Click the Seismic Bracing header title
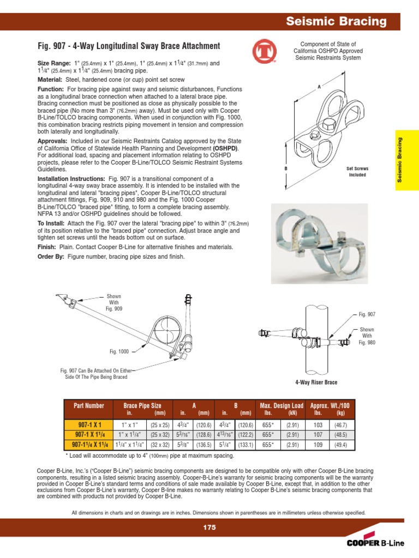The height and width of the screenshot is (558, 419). (337, 22)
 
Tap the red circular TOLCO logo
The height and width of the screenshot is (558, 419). (264, 53)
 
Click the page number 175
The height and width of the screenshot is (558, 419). (209, 527)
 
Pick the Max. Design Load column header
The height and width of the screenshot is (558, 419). (282, 406)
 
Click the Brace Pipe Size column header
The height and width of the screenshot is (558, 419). (142, 406)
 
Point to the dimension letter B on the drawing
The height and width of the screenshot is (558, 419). (285, 169)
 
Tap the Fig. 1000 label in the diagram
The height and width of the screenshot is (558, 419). (119, 351)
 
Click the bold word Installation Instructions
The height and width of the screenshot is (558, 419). (71, 179)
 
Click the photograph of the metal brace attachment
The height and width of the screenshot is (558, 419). (319, 242)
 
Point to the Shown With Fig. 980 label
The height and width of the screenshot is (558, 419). (367, 336)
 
